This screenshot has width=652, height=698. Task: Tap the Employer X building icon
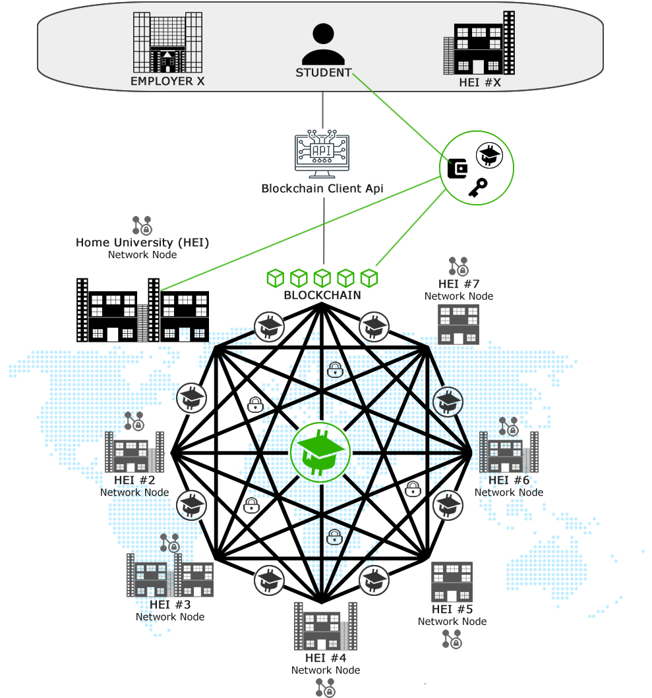pyautogui.click(x=167, y=42)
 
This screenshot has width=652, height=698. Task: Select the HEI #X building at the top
pyautogui.click(x=479, y=44)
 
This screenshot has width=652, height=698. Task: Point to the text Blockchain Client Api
pyautogui.click(x=322, y=188)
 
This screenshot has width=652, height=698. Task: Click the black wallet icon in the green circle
pyautogui.click(x=458, y=169)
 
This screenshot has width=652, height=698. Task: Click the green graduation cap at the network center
pyautogui.click(x=321, y=452)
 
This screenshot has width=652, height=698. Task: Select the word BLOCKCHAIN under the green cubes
pyautogui.click(x=322, y=295)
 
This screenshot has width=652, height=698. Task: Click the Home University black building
pyautogui.click(x=142, y=310)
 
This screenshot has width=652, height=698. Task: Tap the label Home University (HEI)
pyautogui.click(x=142, y=242)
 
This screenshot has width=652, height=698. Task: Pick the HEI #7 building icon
pyautogui.click(x=459, y=324)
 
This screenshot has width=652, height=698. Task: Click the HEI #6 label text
pyautogui.click(x=508, y=480)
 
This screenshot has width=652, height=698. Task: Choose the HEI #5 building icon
pyautogui.click(x=452, y=581)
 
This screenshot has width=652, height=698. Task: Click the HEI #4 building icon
pyautogui.click(x=325, y=626)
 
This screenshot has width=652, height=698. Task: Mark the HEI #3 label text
pyautogui.click(x=170, y=604)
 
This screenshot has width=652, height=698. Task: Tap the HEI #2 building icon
pyautogui.click(x=134, y=452)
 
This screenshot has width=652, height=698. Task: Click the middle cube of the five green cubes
pyautogui.click(x=322, y=277)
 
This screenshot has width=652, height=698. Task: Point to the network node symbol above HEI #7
pyautogui.click(x=459, y=265)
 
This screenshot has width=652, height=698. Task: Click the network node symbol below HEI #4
pyautogui.click(x=325, y=687)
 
